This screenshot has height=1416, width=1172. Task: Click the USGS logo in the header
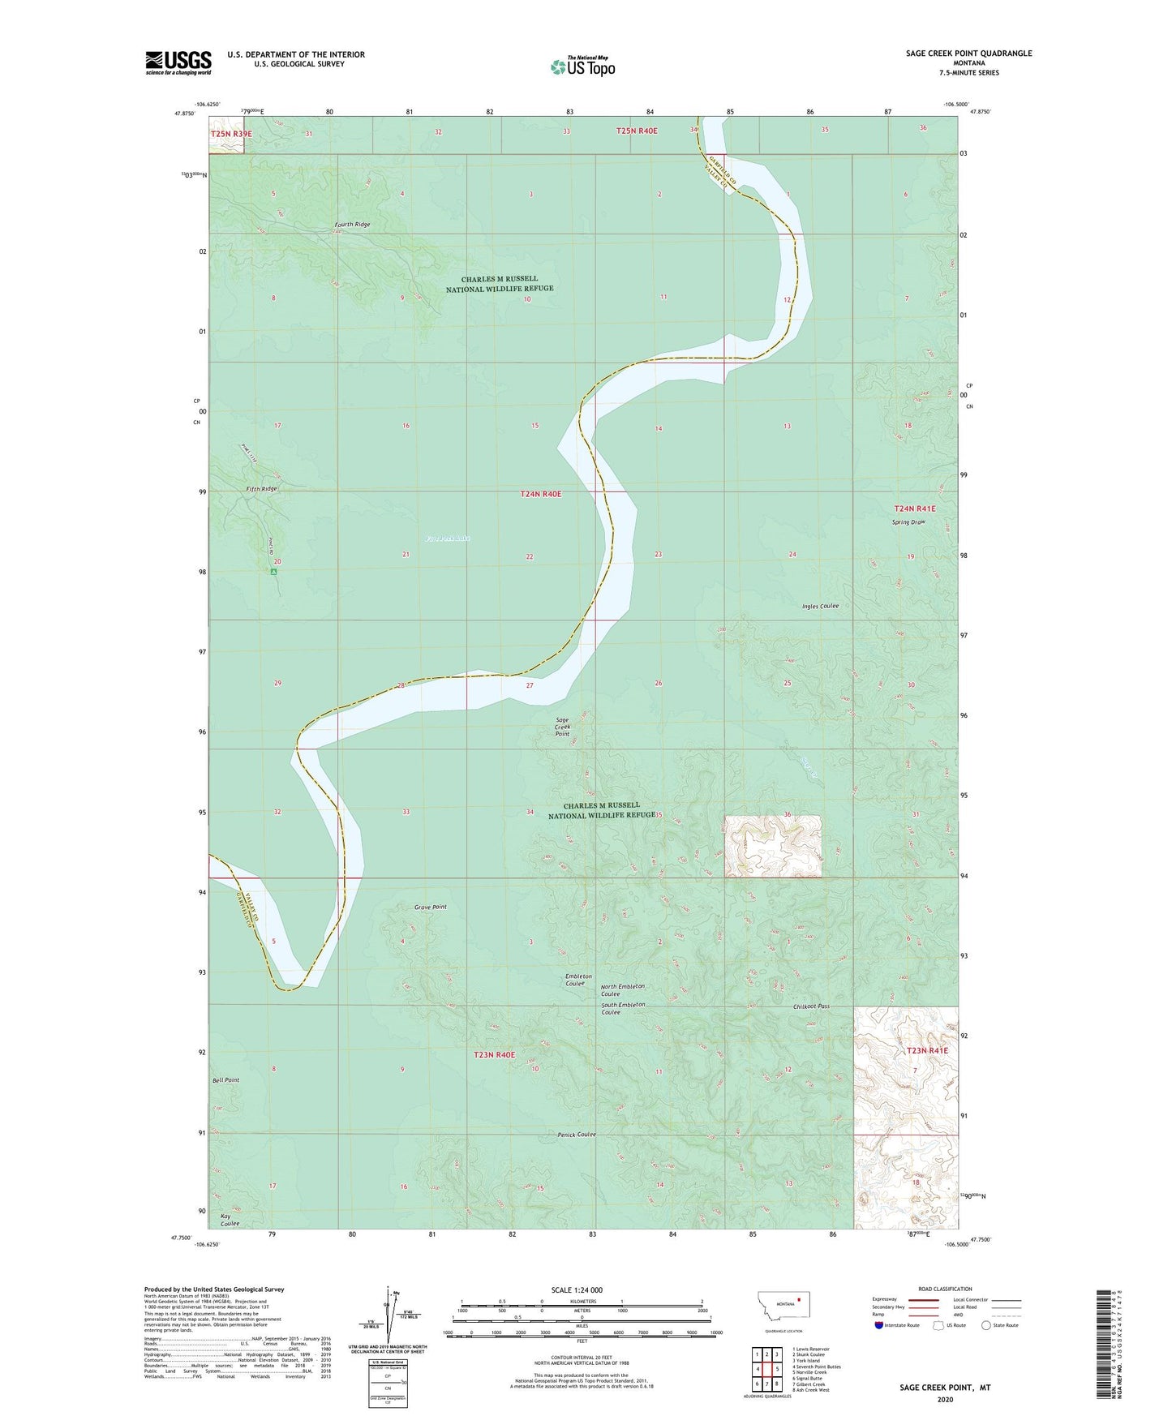(x=178, y=62)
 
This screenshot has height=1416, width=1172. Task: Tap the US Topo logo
(x=582, y=66)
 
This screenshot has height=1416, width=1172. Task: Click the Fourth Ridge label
(x=352, y=225)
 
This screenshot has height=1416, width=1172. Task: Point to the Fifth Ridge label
(x=262, y=489)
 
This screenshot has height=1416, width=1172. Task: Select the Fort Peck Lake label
(x=448, y=538)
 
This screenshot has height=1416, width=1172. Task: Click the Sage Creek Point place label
(x=562, y=727)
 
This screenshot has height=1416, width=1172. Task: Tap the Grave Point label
(x=430, y=907)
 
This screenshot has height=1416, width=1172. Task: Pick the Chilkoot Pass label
(x=811, y=1006)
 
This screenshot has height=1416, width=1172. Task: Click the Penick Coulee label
(x=576, y=1135)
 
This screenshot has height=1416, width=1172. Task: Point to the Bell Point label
(x=225, y=1080)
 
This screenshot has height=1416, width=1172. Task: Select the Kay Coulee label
(x=230, y=1220)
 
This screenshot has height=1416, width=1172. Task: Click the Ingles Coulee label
(x=820, y=606)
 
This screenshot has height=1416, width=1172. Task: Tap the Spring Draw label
(x=908, y=522)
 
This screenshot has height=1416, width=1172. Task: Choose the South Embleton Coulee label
(x=623, y=1009)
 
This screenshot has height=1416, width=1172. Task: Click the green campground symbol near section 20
(x=274, y=571)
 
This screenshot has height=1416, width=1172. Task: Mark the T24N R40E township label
(x=540, y=494)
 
